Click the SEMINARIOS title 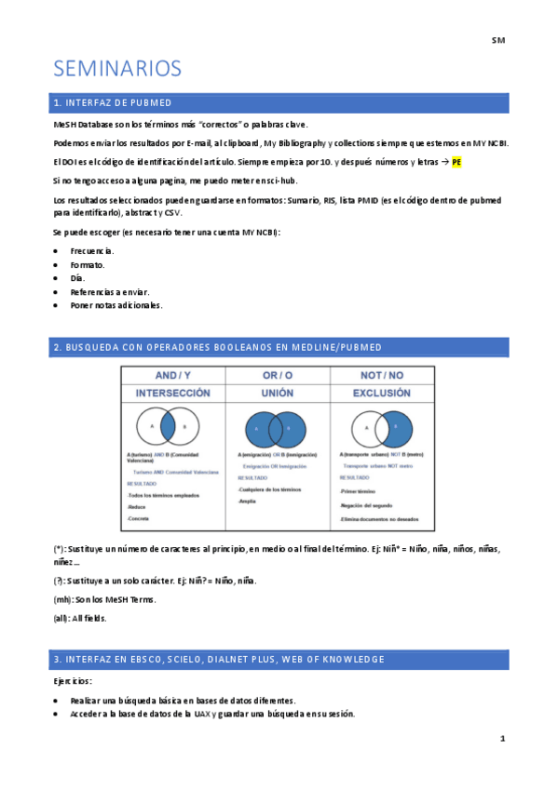tap(117, 69)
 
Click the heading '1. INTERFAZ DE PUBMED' tap(113, 103)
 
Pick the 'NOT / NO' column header tap(383, 375)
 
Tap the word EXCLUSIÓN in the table tap(382, 393)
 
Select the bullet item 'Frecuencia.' tap(92, 251)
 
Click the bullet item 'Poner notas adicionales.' tap(116, 304)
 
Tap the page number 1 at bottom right tap(502, 739)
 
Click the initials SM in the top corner tap(497, 41)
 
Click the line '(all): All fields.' tap(80, 618)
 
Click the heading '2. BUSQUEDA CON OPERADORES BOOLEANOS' tap(218, 347)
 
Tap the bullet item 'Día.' tap(77, 278)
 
